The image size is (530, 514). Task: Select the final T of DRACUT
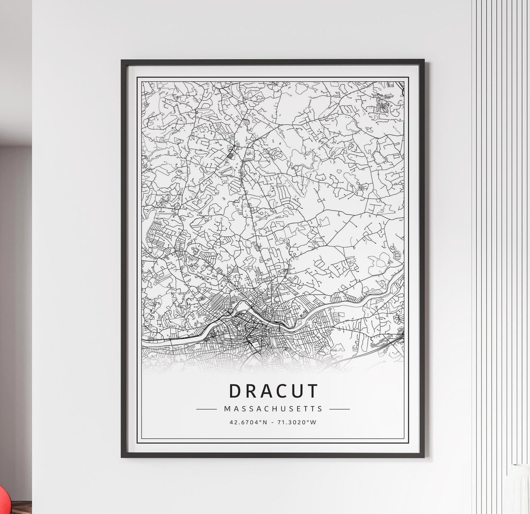(x=313, y=391)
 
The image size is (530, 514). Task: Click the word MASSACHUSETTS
(x=273, y=408)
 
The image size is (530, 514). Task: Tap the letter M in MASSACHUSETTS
(x=227, y=408)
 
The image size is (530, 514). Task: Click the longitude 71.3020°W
(x=297, y=422)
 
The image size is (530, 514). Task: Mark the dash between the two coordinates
(x=273, y=422)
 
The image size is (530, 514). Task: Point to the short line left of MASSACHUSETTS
(x=206, y=408)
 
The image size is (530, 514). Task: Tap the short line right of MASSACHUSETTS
(x=340, y=408)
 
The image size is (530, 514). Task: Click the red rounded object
(x=3, y=501)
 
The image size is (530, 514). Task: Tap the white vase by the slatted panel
(x=518, y=489)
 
